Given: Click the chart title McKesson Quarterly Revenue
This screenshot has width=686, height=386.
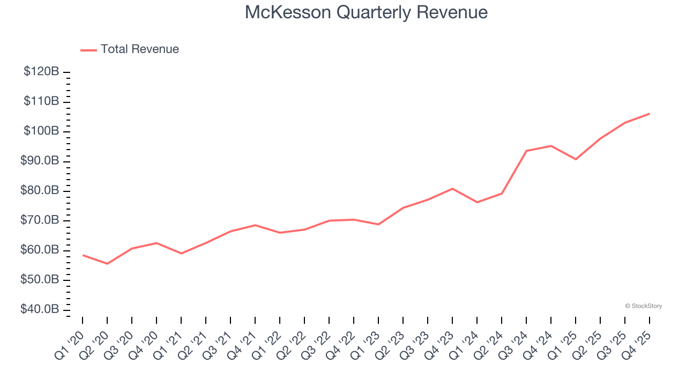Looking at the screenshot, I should [366, 12].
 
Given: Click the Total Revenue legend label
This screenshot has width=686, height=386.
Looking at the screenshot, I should [139, 49].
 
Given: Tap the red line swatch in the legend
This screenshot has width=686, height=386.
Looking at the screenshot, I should [88, 50].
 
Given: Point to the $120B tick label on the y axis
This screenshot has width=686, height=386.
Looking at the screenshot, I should [41, 72].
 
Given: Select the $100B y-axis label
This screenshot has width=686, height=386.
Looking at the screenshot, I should [41, 131].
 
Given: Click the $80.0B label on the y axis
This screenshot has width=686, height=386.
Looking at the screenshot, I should [39, 191].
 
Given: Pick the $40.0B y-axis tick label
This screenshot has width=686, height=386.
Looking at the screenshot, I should [39, 310].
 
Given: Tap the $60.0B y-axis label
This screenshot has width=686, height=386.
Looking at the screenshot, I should [39, 250].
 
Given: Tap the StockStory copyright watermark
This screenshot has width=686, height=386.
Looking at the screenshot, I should [643, 306].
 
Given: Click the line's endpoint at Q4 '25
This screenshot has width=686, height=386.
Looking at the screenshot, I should [650, 114].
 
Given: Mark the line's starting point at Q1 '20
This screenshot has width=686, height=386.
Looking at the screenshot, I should [83, 255].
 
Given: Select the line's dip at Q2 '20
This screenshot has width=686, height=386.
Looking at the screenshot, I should [107, 264].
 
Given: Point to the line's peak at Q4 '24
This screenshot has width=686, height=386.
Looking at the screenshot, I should [551, 146].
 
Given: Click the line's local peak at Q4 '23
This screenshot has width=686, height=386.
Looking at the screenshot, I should [452, 189].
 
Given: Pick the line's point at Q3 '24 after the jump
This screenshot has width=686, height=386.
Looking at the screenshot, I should [526, 151].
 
